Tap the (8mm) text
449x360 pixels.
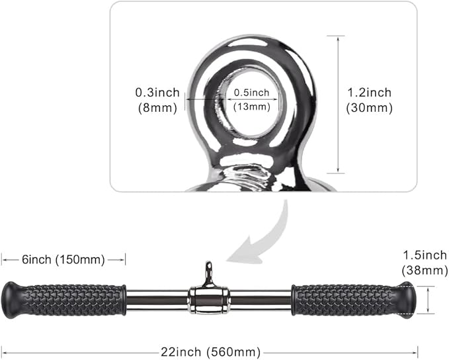(156, 107)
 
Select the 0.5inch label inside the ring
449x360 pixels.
(251, 92)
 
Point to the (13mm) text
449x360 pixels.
(251, 107)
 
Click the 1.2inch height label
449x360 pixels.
(369, 93)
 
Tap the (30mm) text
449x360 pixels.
(369, 108)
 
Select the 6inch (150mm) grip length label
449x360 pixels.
(63, 259)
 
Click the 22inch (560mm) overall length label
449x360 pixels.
(210, 351)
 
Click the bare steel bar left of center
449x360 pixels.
(157, 300)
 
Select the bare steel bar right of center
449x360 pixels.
(261, 300)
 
